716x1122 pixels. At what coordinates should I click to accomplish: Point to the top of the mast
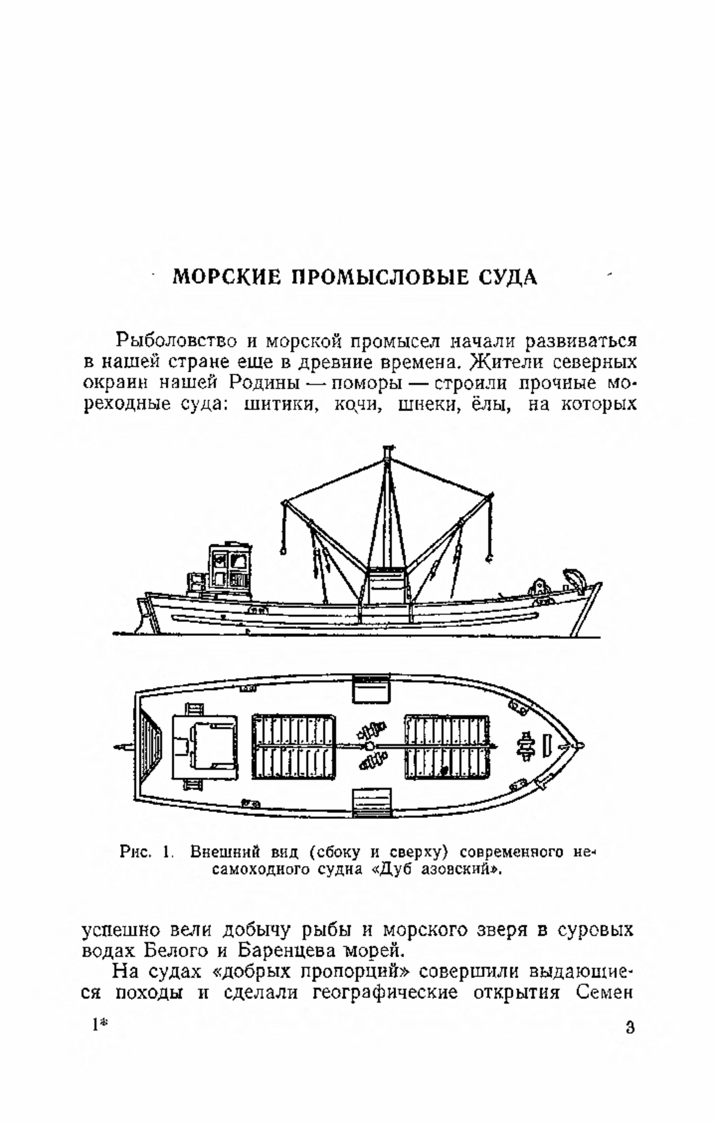(x=389, y=449)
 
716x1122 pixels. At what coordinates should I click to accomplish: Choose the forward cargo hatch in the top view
(x=447, y=746)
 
